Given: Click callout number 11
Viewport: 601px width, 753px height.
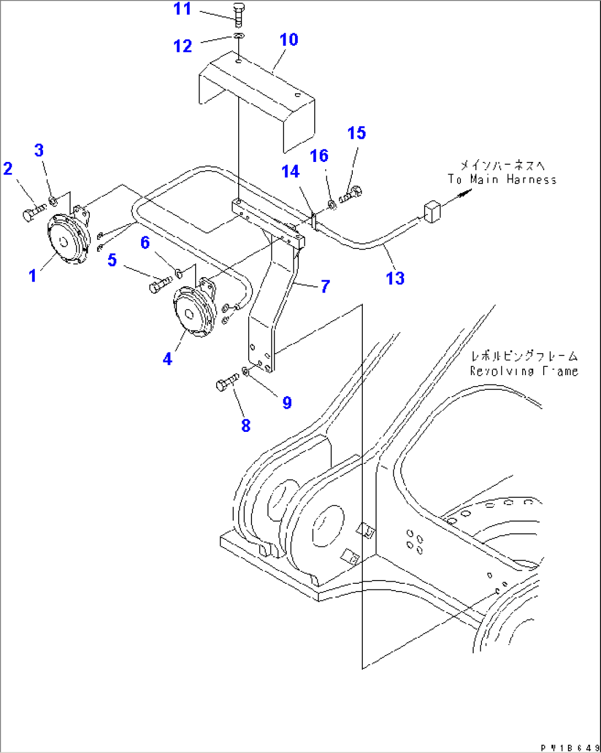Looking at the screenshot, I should pos(183,9).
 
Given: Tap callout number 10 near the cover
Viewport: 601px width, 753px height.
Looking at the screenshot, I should pos(288,40).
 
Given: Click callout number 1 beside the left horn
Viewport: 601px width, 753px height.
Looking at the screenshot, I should pos(33,275).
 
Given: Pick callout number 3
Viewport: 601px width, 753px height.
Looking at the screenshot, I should pos(39,150).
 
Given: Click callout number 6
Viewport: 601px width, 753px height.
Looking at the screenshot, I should pos(145,242).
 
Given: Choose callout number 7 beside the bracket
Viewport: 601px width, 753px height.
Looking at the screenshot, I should pos(325,286).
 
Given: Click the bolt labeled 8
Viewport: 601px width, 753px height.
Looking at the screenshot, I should pos(227,383).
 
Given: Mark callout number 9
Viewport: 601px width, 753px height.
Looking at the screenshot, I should pos(287,403).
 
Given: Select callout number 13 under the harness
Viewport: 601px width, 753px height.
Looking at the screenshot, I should pos(395,278).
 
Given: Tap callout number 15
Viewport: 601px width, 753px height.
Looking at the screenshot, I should pos(357,133).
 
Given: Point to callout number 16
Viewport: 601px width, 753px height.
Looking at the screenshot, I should pos(319,156).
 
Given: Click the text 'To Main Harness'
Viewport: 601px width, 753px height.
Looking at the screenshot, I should pos(502,180).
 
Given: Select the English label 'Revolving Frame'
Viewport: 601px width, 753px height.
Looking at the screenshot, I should pos(524,371).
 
